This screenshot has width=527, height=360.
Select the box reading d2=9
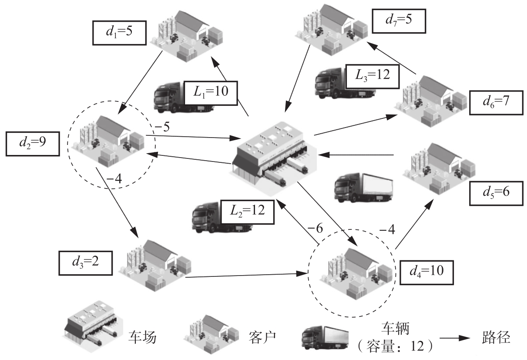pos(32,143)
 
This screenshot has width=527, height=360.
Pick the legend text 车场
pos(142,337)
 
